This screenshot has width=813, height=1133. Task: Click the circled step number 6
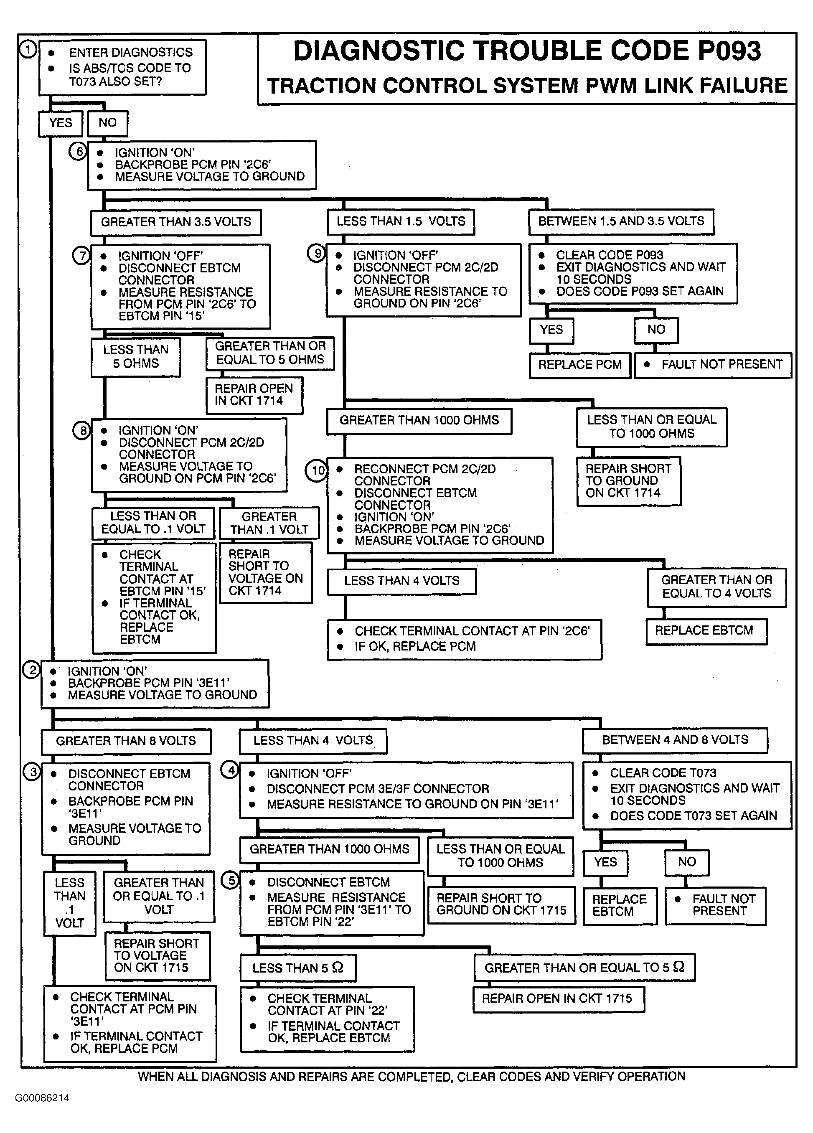tap(77, 151)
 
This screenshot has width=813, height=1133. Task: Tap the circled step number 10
tap(317, 470)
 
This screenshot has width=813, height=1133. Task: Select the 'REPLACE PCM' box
tap(579, 365)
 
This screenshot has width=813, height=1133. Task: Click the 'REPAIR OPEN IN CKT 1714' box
tap(254, 395)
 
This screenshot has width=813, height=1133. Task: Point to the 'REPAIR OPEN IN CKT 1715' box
tap(558, 999)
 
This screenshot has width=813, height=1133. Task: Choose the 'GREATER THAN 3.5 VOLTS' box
tap(175, 222)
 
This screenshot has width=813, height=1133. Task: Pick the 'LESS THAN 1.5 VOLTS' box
tap(401, 222)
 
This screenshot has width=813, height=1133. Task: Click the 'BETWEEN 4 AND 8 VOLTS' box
tap(675, 740)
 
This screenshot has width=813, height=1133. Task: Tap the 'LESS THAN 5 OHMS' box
tap(135, 357)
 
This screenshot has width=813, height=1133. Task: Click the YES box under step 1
tap(61, 123)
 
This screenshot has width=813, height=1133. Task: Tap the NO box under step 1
tap(107, 123)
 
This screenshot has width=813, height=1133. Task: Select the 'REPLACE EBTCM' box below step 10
tap(706, 631)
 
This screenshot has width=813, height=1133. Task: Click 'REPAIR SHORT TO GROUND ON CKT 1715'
tap(501, 905)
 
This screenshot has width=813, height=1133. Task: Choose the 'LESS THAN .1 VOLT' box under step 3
tap(69, 903)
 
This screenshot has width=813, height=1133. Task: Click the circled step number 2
tap(31, 671)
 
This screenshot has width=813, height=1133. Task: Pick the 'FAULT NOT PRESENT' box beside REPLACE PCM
tap(713, 365)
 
